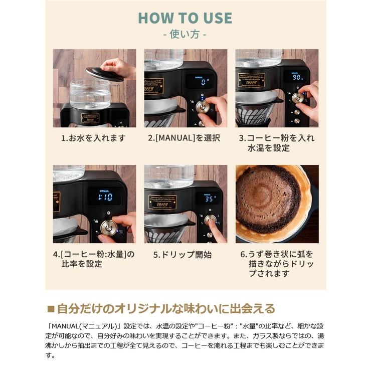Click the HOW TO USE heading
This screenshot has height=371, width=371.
click(185, 18)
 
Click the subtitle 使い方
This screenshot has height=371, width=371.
click(185, 35)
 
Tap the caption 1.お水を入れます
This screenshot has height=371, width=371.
click(94, 138)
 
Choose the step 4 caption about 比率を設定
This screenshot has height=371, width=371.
click(94, 259)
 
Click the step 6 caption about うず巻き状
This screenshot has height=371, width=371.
click(276, 263)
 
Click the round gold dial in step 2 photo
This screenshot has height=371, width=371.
click(203, 106)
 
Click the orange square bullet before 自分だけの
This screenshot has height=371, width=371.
click(50, 308)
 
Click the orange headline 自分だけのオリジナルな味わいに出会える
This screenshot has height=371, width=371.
click(165, 308)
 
